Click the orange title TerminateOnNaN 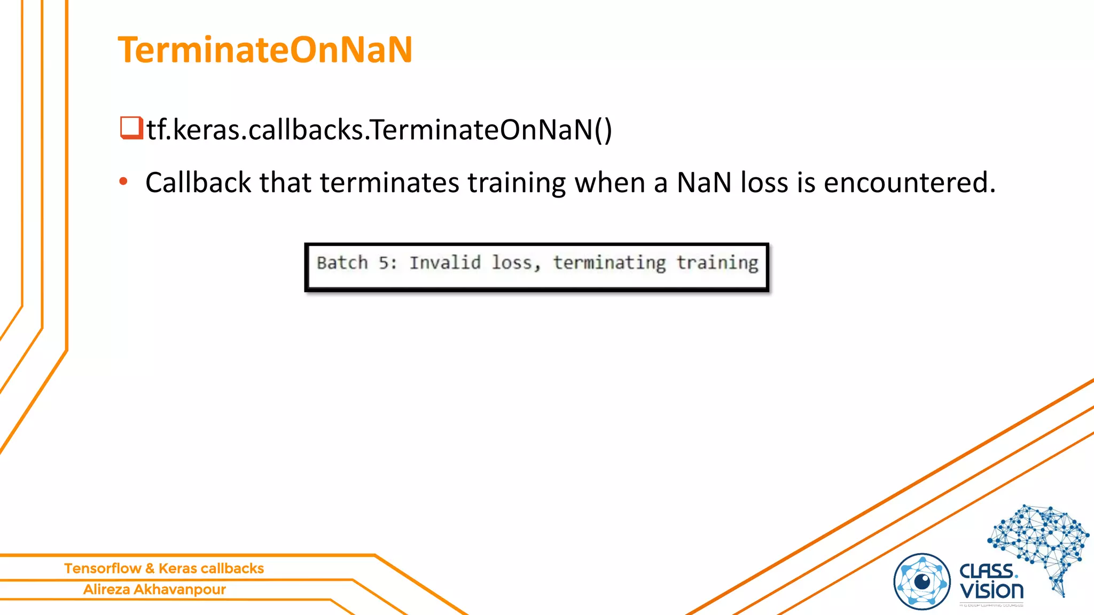tap(265, 50)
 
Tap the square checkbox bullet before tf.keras tap(131, 128)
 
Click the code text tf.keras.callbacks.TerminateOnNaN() tap(379, 130)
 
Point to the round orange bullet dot tap(123, 182)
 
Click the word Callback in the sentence tap(198, 183)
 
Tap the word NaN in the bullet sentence tap(704, 183)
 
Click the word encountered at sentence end tap(909, 183)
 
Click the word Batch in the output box tap(342, 263)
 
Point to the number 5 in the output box tap(385, 263)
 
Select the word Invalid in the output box tap(445, 263)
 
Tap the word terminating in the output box tap(609, 263)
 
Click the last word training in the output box tap(717, 263)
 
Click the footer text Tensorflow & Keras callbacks tap(164, 569)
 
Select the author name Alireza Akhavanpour tap(154, 589)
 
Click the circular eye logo tap(922, 581)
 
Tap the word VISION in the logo tap(991, 591)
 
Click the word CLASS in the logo tap(987, 571)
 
